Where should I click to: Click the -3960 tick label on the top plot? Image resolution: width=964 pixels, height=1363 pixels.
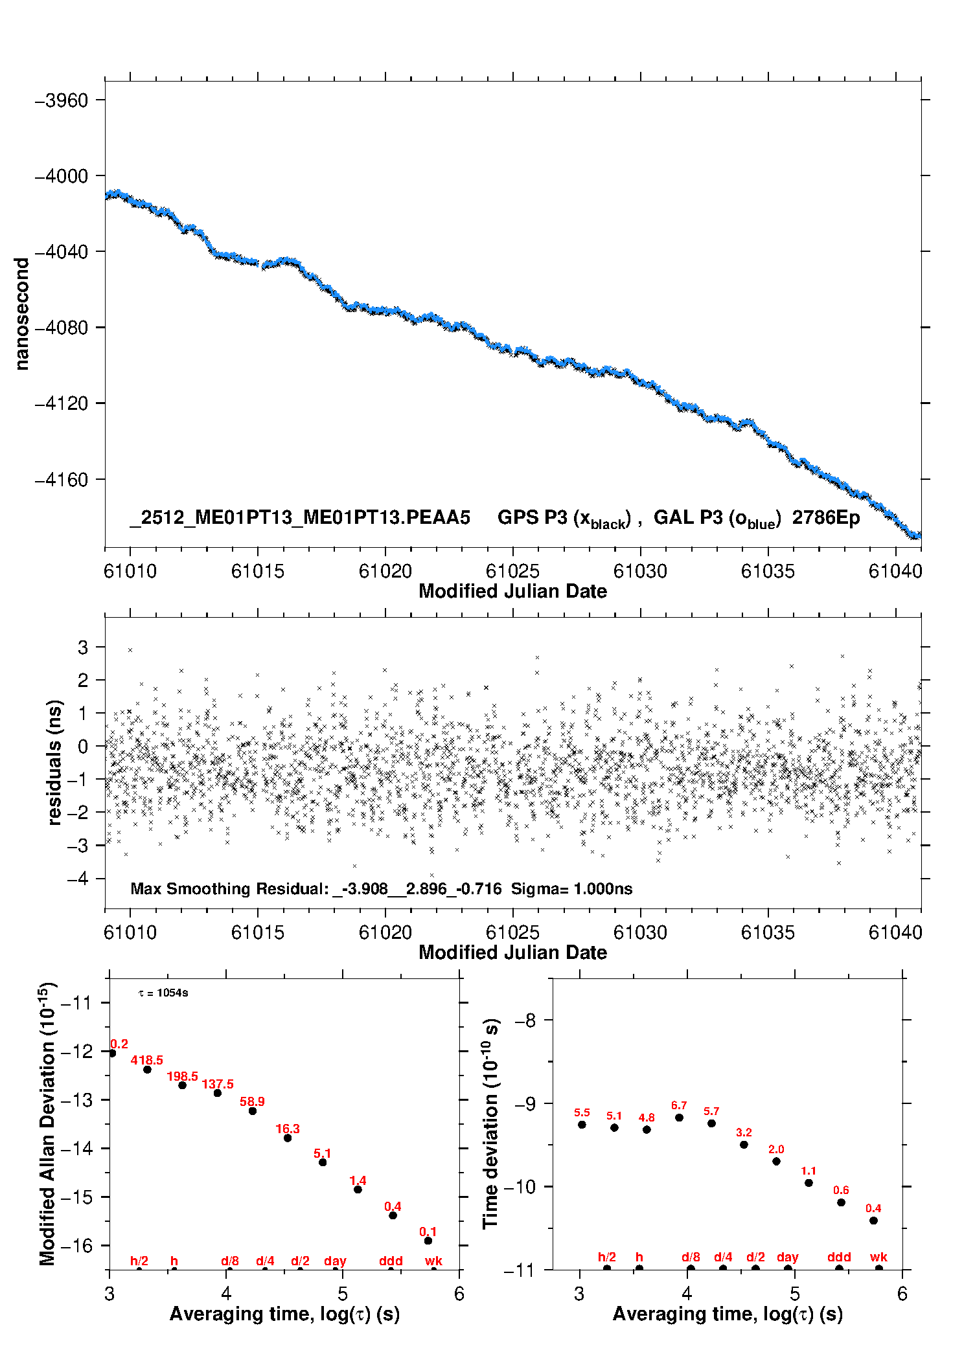pos(61,100)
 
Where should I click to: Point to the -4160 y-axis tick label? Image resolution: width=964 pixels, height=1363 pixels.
pos(61,480)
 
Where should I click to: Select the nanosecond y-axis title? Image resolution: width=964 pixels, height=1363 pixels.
pos(22,314)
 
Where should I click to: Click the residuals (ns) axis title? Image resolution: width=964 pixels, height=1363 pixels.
pos(55,762)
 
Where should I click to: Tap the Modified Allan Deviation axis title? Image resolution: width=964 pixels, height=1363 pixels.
pos(47,1124)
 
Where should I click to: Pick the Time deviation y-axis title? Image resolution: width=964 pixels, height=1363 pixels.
pos(490,1124)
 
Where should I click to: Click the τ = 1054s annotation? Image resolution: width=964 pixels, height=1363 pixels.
pos(163,993)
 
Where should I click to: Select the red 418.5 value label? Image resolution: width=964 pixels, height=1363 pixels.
pos(147,1060)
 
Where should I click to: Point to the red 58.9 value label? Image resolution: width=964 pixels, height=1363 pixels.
pos(252,1101)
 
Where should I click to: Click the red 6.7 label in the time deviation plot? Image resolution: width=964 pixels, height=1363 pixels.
pos(679,1105)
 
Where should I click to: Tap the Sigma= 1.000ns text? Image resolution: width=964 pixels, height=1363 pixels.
pos(571,889)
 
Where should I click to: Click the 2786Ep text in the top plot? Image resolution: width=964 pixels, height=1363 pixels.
pos(826,518)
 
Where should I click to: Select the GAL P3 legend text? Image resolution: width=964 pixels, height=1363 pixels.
pos(717,519)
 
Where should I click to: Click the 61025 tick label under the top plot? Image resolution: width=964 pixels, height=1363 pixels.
pos(512,571)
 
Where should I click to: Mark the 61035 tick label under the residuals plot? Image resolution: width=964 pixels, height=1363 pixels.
pos(768,932)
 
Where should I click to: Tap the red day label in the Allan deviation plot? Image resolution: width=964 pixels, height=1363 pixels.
pos(335,1261)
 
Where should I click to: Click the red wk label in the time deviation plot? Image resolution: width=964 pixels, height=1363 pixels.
pos(878,1257)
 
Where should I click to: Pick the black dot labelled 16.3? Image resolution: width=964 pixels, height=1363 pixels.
pos(288,1138)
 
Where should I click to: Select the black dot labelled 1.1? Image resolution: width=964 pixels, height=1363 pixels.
pos(809,1183)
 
